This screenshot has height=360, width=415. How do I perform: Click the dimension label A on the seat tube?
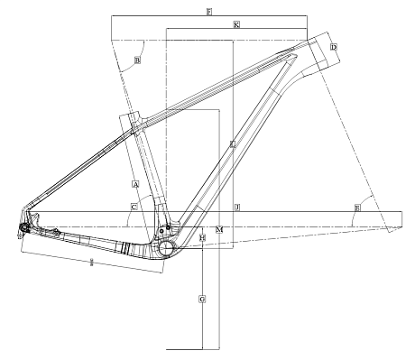[134, 184]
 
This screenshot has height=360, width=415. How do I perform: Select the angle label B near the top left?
[137, 60]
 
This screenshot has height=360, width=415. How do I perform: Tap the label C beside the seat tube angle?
[133, 208]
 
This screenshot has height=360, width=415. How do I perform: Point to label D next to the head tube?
[333, 47]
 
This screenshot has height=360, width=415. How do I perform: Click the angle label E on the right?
[357, 208]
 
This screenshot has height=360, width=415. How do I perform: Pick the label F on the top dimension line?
[208, 12]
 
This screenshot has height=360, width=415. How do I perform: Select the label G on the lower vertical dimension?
[202, 298]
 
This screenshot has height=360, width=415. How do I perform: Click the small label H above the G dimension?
[203, 238]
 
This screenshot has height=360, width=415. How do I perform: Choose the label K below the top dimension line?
[235, 24]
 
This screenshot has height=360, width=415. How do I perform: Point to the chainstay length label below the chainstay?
[93, 263]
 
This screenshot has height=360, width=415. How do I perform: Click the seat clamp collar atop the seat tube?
[136, 119]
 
